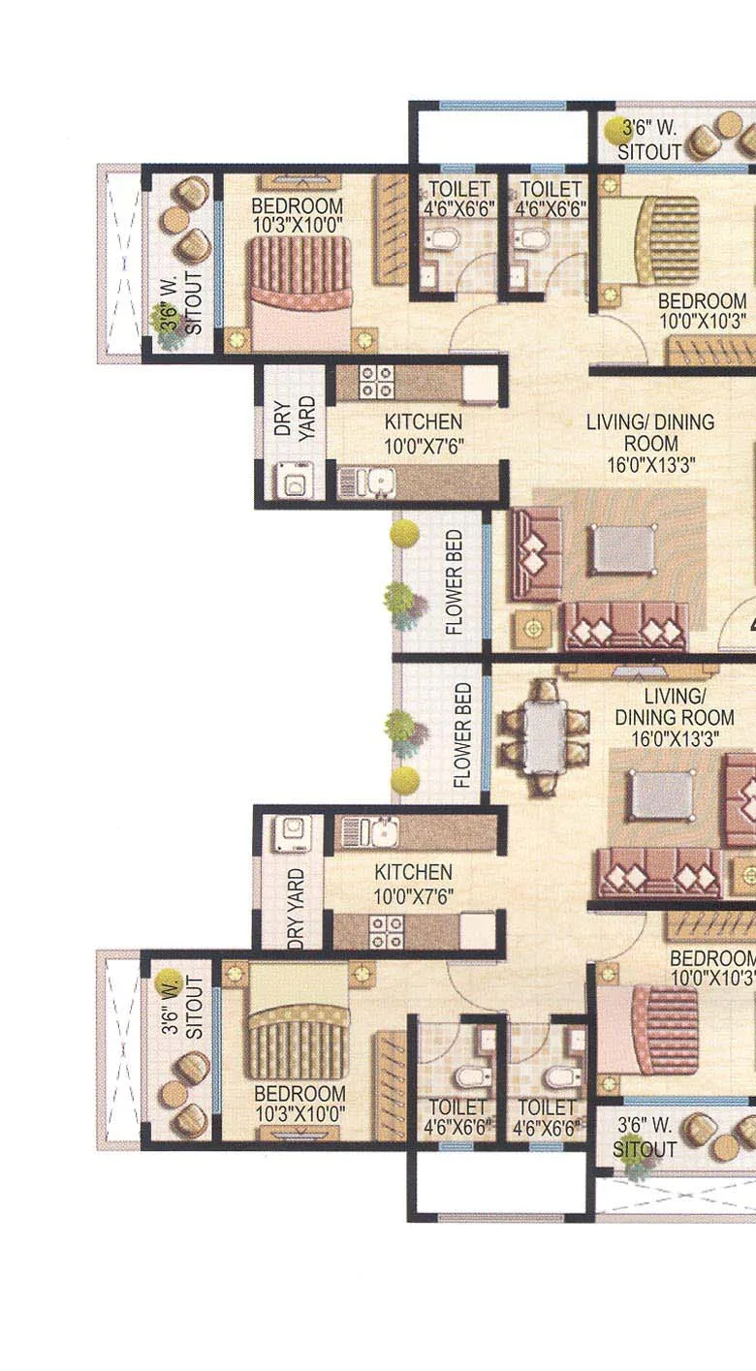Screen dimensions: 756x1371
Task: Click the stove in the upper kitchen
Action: click(x=376, y=382)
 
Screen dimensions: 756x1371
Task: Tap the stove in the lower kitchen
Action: click(x=386, y=931)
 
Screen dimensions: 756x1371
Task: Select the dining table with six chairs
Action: click(x=545, y=735)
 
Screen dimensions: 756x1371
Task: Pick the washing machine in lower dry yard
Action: click(x=292, y=833)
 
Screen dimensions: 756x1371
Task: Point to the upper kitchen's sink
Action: click(x=366, y=483)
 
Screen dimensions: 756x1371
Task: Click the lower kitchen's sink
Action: click(x=369, y=832)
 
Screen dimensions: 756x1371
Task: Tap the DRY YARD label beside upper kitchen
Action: click(x=295, y=419)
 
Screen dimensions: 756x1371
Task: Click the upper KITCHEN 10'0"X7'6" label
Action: click(x=424, y=433)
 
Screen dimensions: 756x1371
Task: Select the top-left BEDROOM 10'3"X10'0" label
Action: click(x=298, y=215)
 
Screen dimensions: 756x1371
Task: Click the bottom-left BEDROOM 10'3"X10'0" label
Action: click(x=299, y=1104)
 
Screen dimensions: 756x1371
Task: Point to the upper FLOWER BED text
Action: click(x=454, y=582)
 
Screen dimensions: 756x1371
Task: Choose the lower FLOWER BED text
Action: click(x=462, y=735)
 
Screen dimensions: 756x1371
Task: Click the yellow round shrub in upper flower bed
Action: click(x=404, y=533)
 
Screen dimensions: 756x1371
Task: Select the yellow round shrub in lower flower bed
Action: click(x=404, y=780)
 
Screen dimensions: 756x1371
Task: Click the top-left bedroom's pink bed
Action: click(x=299, y=295)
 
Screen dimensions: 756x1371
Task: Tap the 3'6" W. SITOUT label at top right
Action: click(x=648, y=140)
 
